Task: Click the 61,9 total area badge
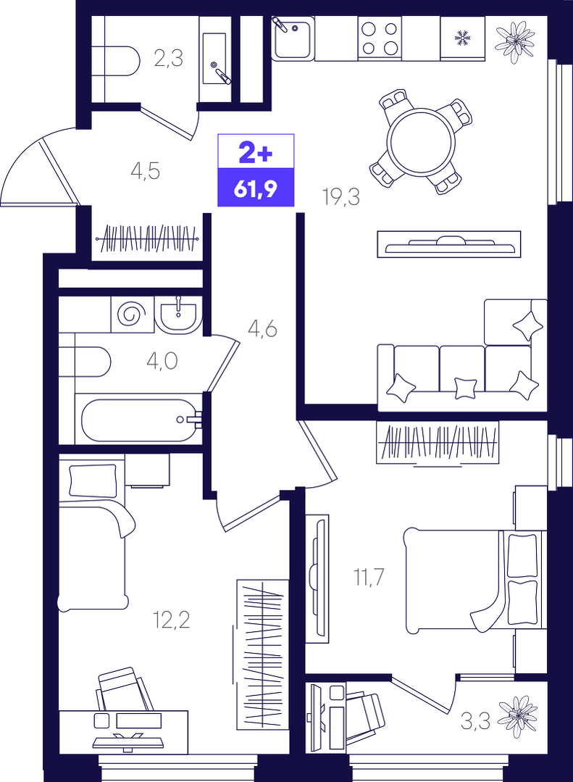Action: click(x=256, y=188)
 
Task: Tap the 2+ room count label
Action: click(x=256, y=153)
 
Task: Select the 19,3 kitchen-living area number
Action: click(x=341, y=198)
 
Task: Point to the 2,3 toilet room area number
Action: click(x=169, y=59)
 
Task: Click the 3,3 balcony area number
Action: click(x=475, y=721)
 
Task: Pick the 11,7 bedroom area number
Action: click(x=369, y=578)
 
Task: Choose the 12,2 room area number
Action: click(x=172, y=621)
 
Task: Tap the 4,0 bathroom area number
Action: click(x=162, y=361)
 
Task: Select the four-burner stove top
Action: click(x=380, y=39)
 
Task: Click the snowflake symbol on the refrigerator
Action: click(x=463, y=37)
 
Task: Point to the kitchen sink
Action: click(x=293, y=38)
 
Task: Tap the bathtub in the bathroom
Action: click(x=139, y=420)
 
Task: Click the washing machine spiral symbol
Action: click(x=132, y=315)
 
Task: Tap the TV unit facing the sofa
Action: click(x=449, y=244)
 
